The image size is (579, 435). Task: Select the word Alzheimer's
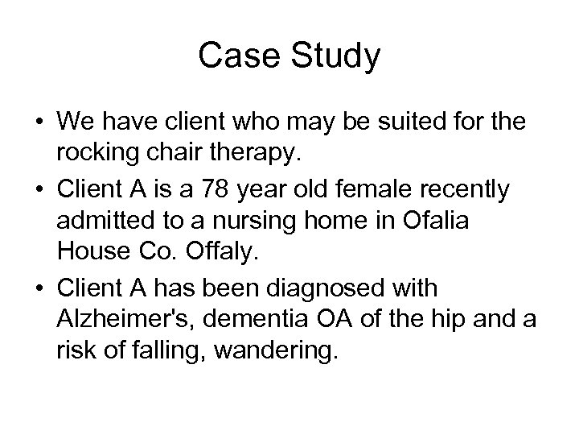127,320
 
